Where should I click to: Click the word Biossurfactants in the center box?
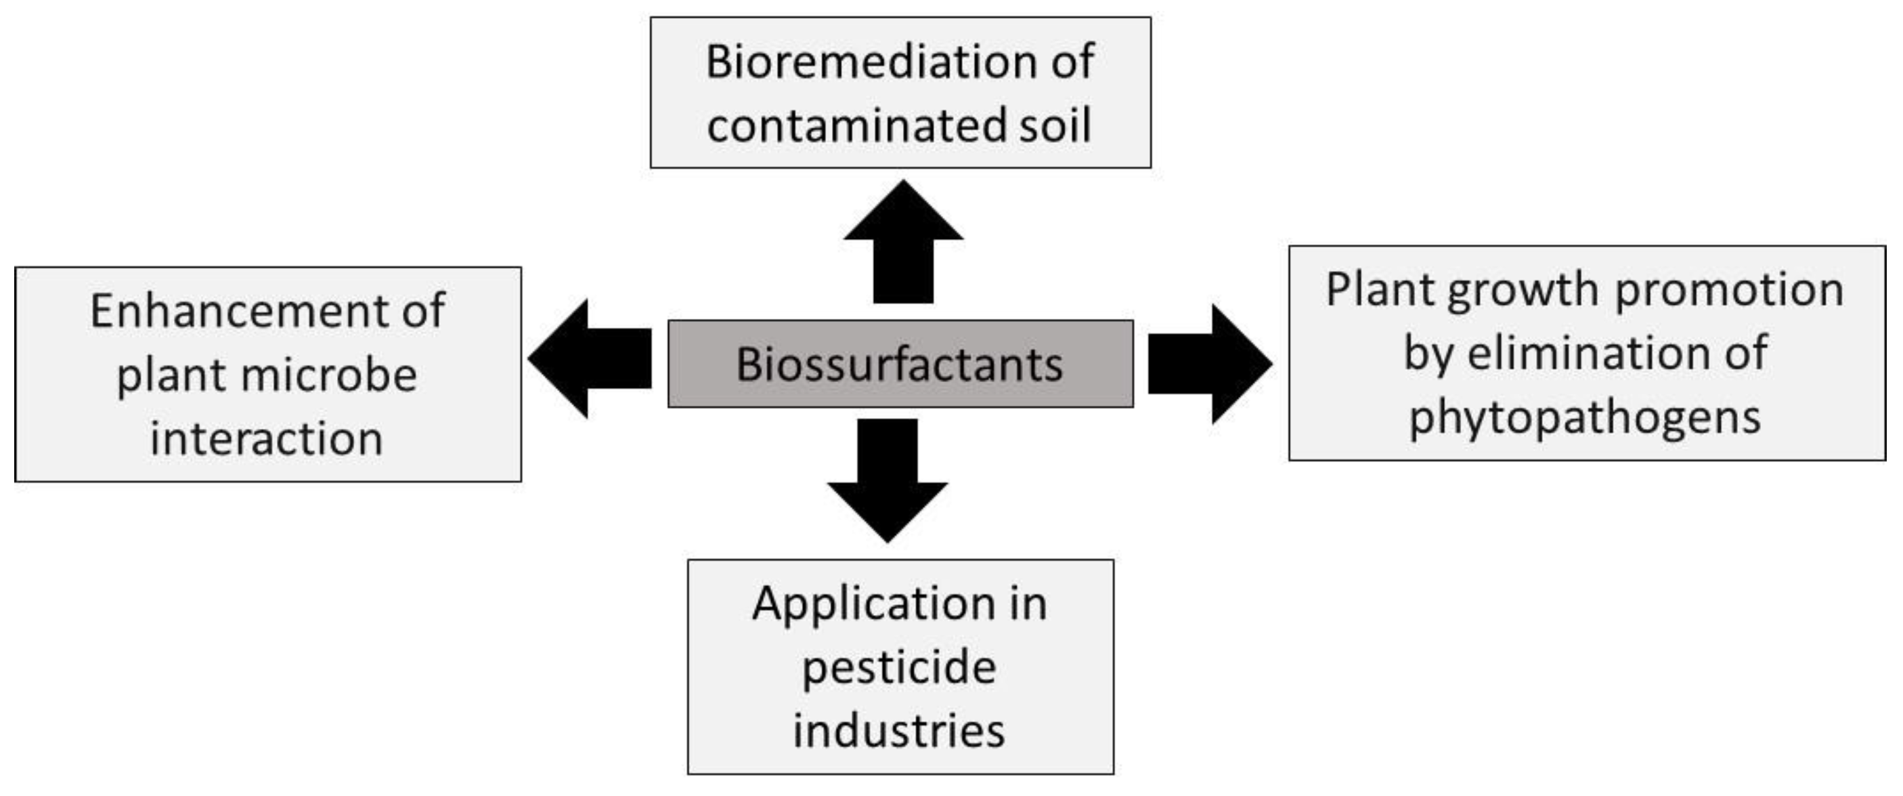tap(899, 364)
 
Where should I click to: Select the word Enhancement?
tap(241, 310)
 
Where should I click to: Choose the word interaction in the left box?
tap(267, 439)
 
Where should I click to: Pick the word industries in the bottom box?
tap(899, 732)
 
